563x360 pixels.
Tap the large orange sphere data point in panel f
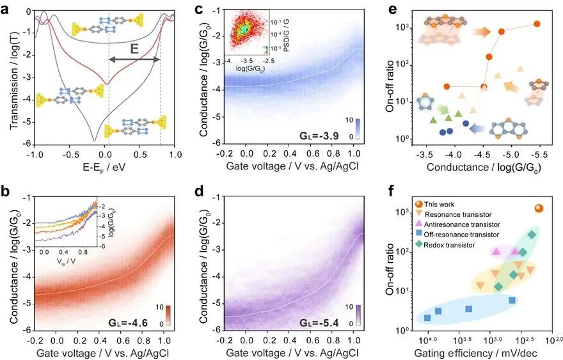click(539, 208)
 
